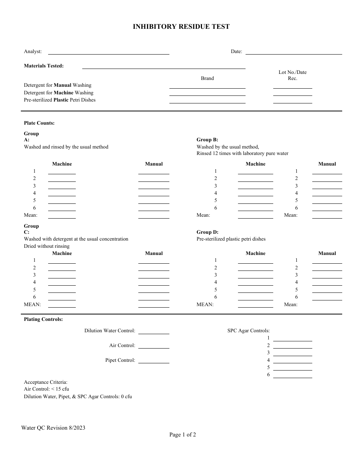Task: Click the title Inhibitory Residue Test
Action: click(181, 27)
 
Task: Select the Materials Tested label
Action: click(44, 66)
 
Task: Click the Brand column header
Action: click(207, 78)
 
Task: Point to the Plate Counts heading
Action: click(39, 123)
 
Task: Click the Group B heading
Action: click(207, 140)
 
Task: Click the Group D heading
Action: click(207, 232)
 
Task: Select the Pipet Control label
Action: click(120, 360)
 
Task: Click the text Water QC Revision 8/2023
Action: click(53, 428)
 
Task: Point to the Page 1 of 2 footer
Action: click(183, 435)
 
